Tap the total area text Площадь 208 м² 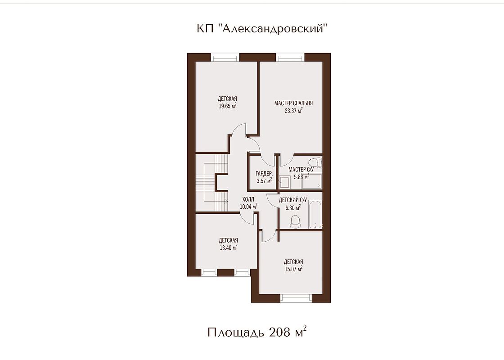pos(257,332)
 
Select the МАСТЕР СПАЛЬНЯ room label pos(293,103)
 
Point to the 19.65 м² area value pos(228,106)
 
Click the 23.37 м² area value pos(293,111)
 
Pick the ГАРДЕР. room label pos(264,174)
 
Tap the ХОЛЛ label pos(248,200)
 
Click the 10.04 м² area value pos(248,207)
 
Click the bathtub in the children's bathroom pos(315,215)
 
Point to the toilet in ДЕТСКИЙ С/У pos(295,221)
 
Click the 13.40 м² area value pos(228,247)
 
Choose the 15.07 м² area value pos(293,269)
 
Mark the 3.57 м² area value pos(264,180)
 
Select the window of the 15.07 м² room pos(297,298)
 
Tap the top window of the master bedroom pos(290,58)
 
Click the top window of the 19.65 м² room pos(225,58)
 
